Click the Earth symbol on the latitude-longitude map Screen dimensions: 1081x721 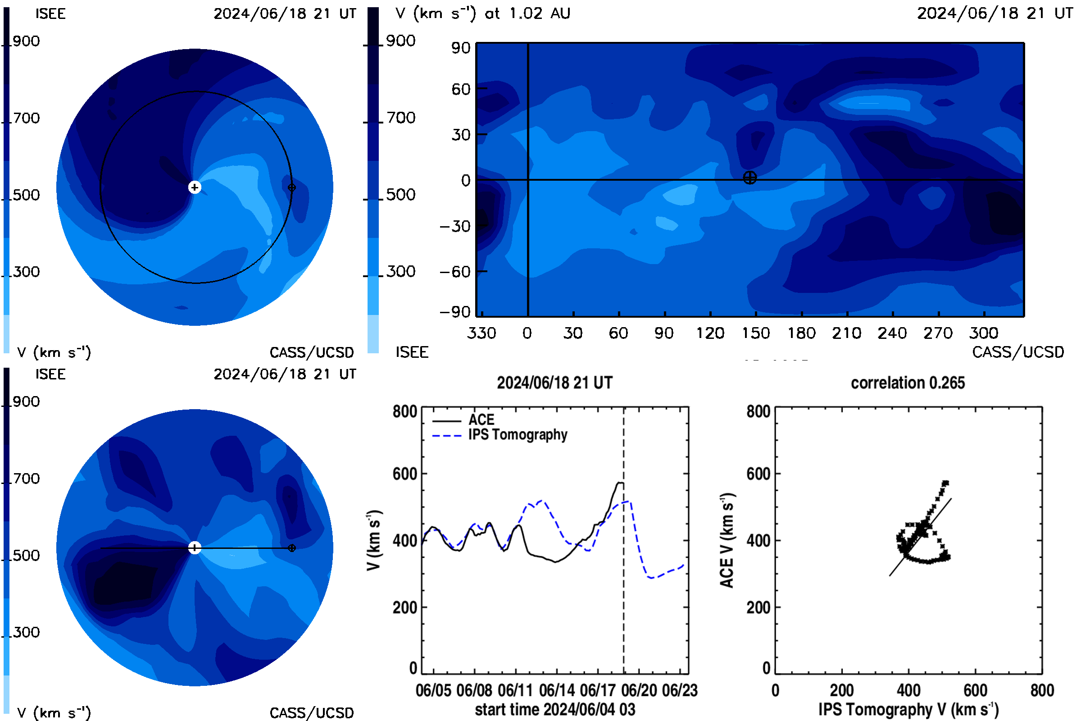coord(749,178)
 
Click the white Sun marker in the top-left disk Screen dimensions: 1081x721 coord(195,187)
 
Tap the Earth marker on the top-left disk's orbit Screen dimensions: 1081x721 coord(291,187)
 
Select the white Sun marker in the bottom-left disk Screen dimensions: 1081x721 coord(195,548)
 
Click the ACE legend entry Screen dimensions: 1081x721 coord(463,420)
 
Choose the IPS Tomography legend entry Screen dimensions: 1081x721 coord(500,434)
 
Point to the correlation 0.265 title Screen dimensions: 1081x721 coord(908,383)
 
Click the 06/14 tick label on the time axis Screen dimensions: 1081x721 coord(557,690)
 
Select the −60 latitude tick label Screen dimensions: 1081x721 coord(455,272)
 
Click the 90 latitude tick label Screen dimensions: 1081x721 coord(461,48)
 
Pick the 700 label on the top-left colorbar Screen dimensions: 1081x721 coord(27,118)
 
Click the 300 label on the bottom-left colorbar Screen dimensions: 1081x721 coord(27,632)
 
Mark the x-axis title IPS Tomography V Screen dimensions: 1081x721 coord(908,709)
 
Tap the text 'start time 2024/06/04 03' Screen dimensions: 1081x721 coord(555,709)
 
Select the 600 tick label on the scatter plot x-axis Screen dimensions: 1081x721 coord(975,690)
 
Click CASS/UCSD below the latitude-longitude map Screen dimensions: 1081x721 coord(1018,352)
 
